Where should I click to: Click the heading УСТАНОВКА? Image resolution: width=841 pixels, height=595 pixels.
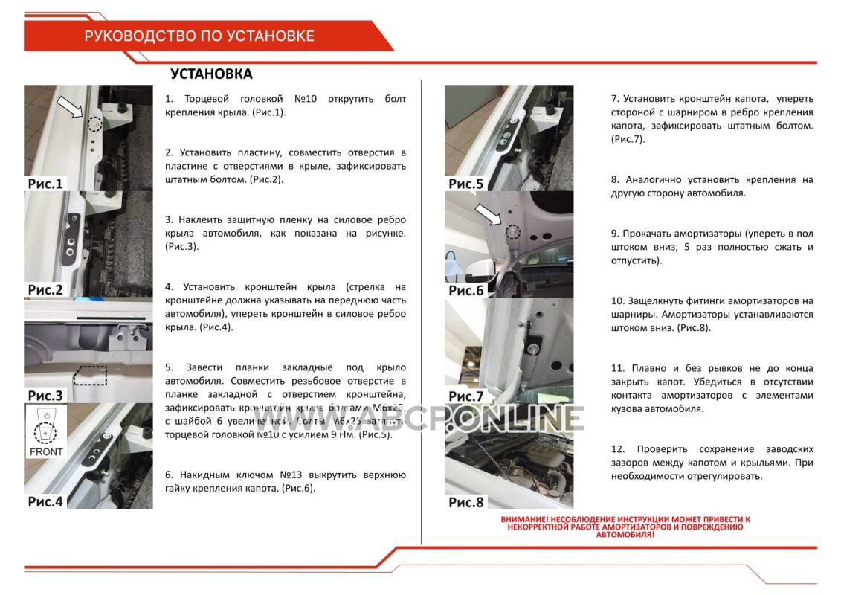211,74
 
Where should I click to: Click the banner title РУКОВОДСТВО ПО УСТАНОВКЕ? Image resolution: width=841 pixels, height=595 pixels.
199,36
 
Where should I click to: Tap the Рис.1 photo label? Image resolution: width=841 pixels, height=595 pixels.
46,184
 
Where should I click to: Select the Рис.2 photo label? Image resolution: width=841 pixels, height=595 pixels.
46,290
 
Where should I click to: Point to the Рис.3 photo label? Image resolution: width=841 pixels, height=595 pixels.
46,395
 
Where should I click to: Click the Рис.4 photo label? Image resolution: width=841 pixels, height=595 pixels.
46,501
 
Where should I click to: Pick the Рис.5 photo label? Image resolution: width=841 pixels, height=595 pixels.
466,184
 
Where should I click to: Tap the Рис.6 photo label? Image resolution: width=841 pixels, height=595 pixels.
466,290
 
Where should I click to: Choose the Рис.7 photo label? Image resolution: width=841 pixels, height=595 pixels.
466,396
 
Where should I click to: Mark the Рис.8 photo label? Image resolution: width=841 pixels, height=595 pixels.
466,502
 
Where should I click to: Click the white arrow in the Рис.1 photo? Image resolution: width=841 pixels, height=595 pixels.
70,109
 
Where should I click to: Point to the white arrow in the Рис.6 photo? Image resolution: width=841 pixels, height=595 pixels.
489,216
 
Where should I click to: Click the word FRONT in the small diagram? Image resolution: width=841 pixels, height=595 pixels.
46,451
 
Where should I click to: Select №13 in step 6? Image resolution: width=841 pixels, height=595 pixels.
291,475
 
